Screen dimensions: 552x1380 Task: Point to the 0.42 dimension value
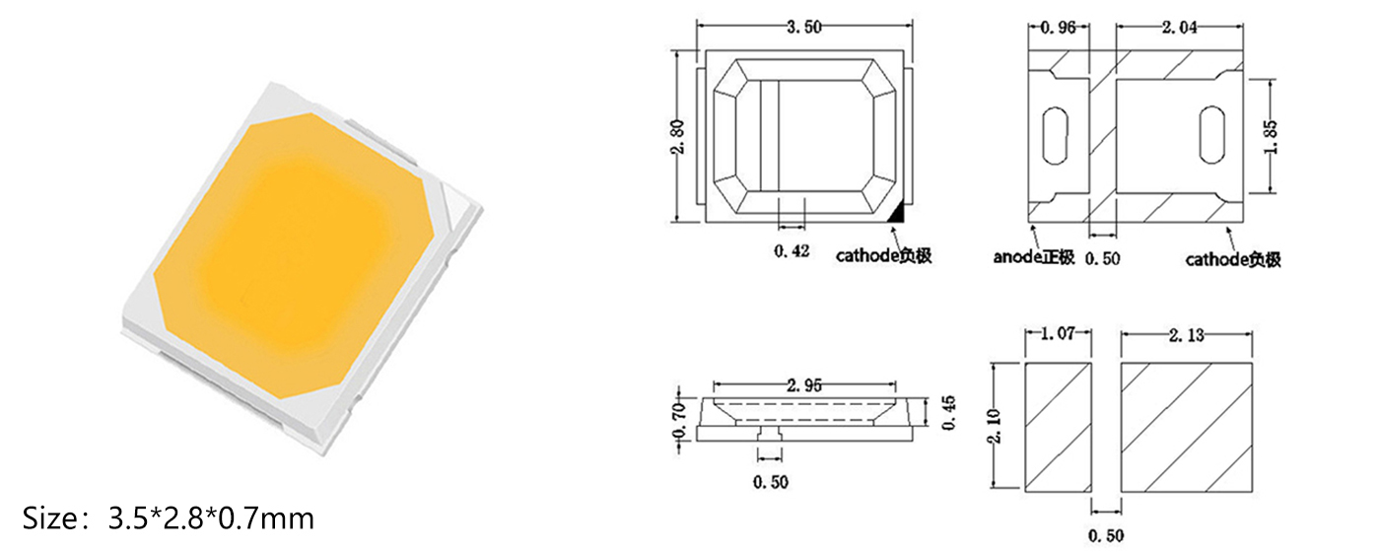point(792,252)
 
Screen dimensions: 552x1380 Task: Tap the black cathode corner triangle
point(898,210)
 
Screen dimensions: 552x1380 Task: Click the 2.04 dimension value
point(1179,28)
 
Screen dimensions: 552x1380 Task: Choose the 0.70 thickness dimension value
point(679,420)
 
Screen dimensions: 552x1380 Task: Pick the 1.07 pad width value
point(1058,336)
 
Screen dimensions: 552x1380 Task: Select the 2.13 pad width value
point(1187,336)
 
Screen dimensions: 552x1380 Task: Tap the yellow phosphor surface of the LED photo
point(296,251)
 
